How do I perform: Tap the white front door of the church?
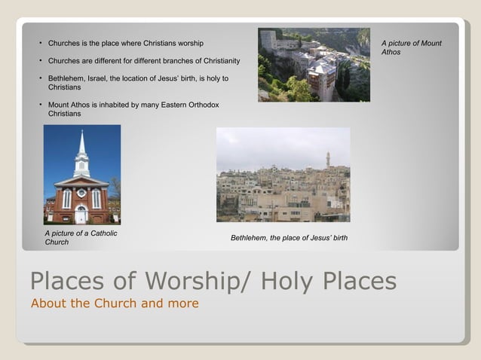tap(81, 216)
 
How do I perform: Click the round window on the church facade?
tap(81, 193)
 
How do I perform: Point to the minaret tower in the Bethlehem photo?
tap(328, 160)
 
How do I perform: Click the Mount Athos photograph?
tap(314, 65)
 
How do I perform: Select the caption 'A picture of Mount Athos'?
tap(411, 47)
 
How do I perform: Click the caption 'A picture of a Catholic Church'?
tap(81, 237)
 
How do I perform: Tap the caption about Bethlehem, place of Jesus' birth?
tap(289, 238)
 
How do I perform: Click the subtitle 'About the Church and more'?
tap(115, 304)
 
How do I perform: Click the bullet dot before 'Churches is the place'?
tap(41, 43)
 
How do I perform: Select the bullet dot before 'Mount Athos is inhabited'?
tap(41, 105)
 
